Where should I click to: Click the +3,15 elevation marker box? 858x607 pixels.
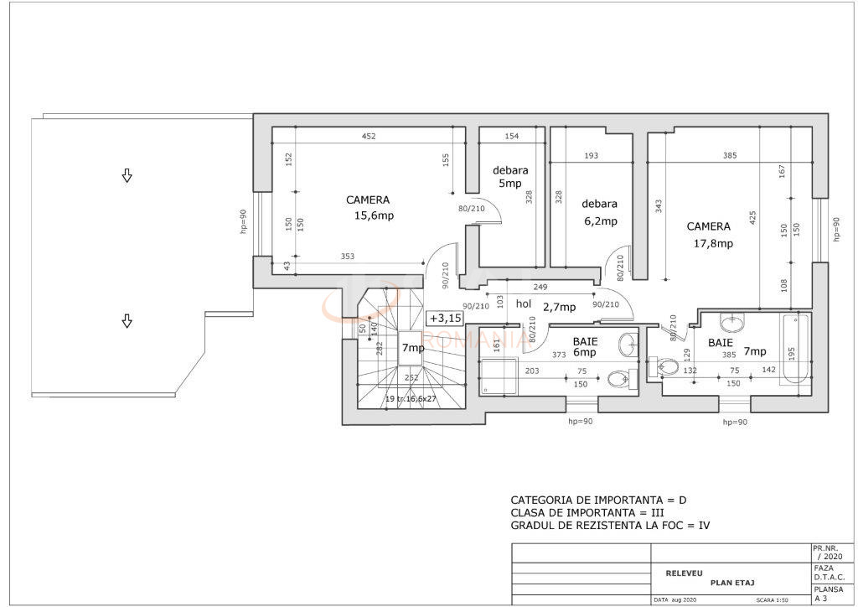[445, 318]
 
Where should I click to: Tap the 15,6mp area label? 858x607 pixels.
[374, 215]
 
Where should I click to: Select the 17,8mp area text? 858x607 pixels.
[713, 244]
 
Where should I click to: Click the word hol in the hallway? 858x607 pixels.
[524, 305]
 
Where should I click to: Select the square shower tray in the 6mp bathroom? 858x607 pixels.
[499, 376]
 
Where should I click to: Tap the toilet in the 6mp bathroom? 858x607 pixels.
[619, 380]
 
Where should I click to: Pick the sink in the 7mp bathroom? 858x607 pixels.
[733, 321]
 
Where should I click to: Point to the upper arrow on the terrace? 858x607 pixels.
[127, 175]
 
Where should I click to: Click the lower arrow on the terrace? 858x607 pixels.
[127, 320]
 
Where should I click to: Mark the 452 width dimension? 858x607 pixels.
[368, 137]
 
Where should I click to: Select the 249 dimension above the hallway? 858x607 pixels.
[541, 288]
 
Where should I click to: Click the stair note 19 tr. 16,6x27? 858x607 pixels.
[411, 399]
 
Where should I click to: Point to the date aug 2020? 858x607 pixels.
[676, 601]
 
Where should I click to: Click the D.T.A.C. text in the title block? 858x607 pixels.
[828, 578]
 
